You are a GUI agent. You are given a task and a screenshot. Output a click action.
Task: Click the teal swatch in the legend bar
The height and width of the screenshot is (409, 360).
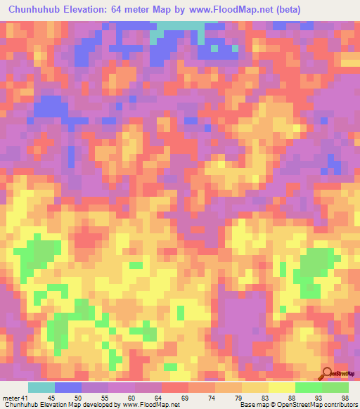tap(41, 388)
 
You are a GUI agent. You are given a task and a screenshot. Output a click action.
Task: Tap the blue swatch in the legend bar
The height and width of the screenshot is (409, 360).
tap(68, 388)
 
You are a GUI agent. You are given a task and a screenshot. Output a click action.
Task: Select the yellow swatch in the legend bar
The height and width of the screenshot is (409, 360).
tap(282, 388)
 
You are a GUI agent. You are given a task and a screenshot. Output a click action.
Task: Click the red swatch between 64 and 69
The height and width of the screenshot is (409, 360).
tap(175, 388)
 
